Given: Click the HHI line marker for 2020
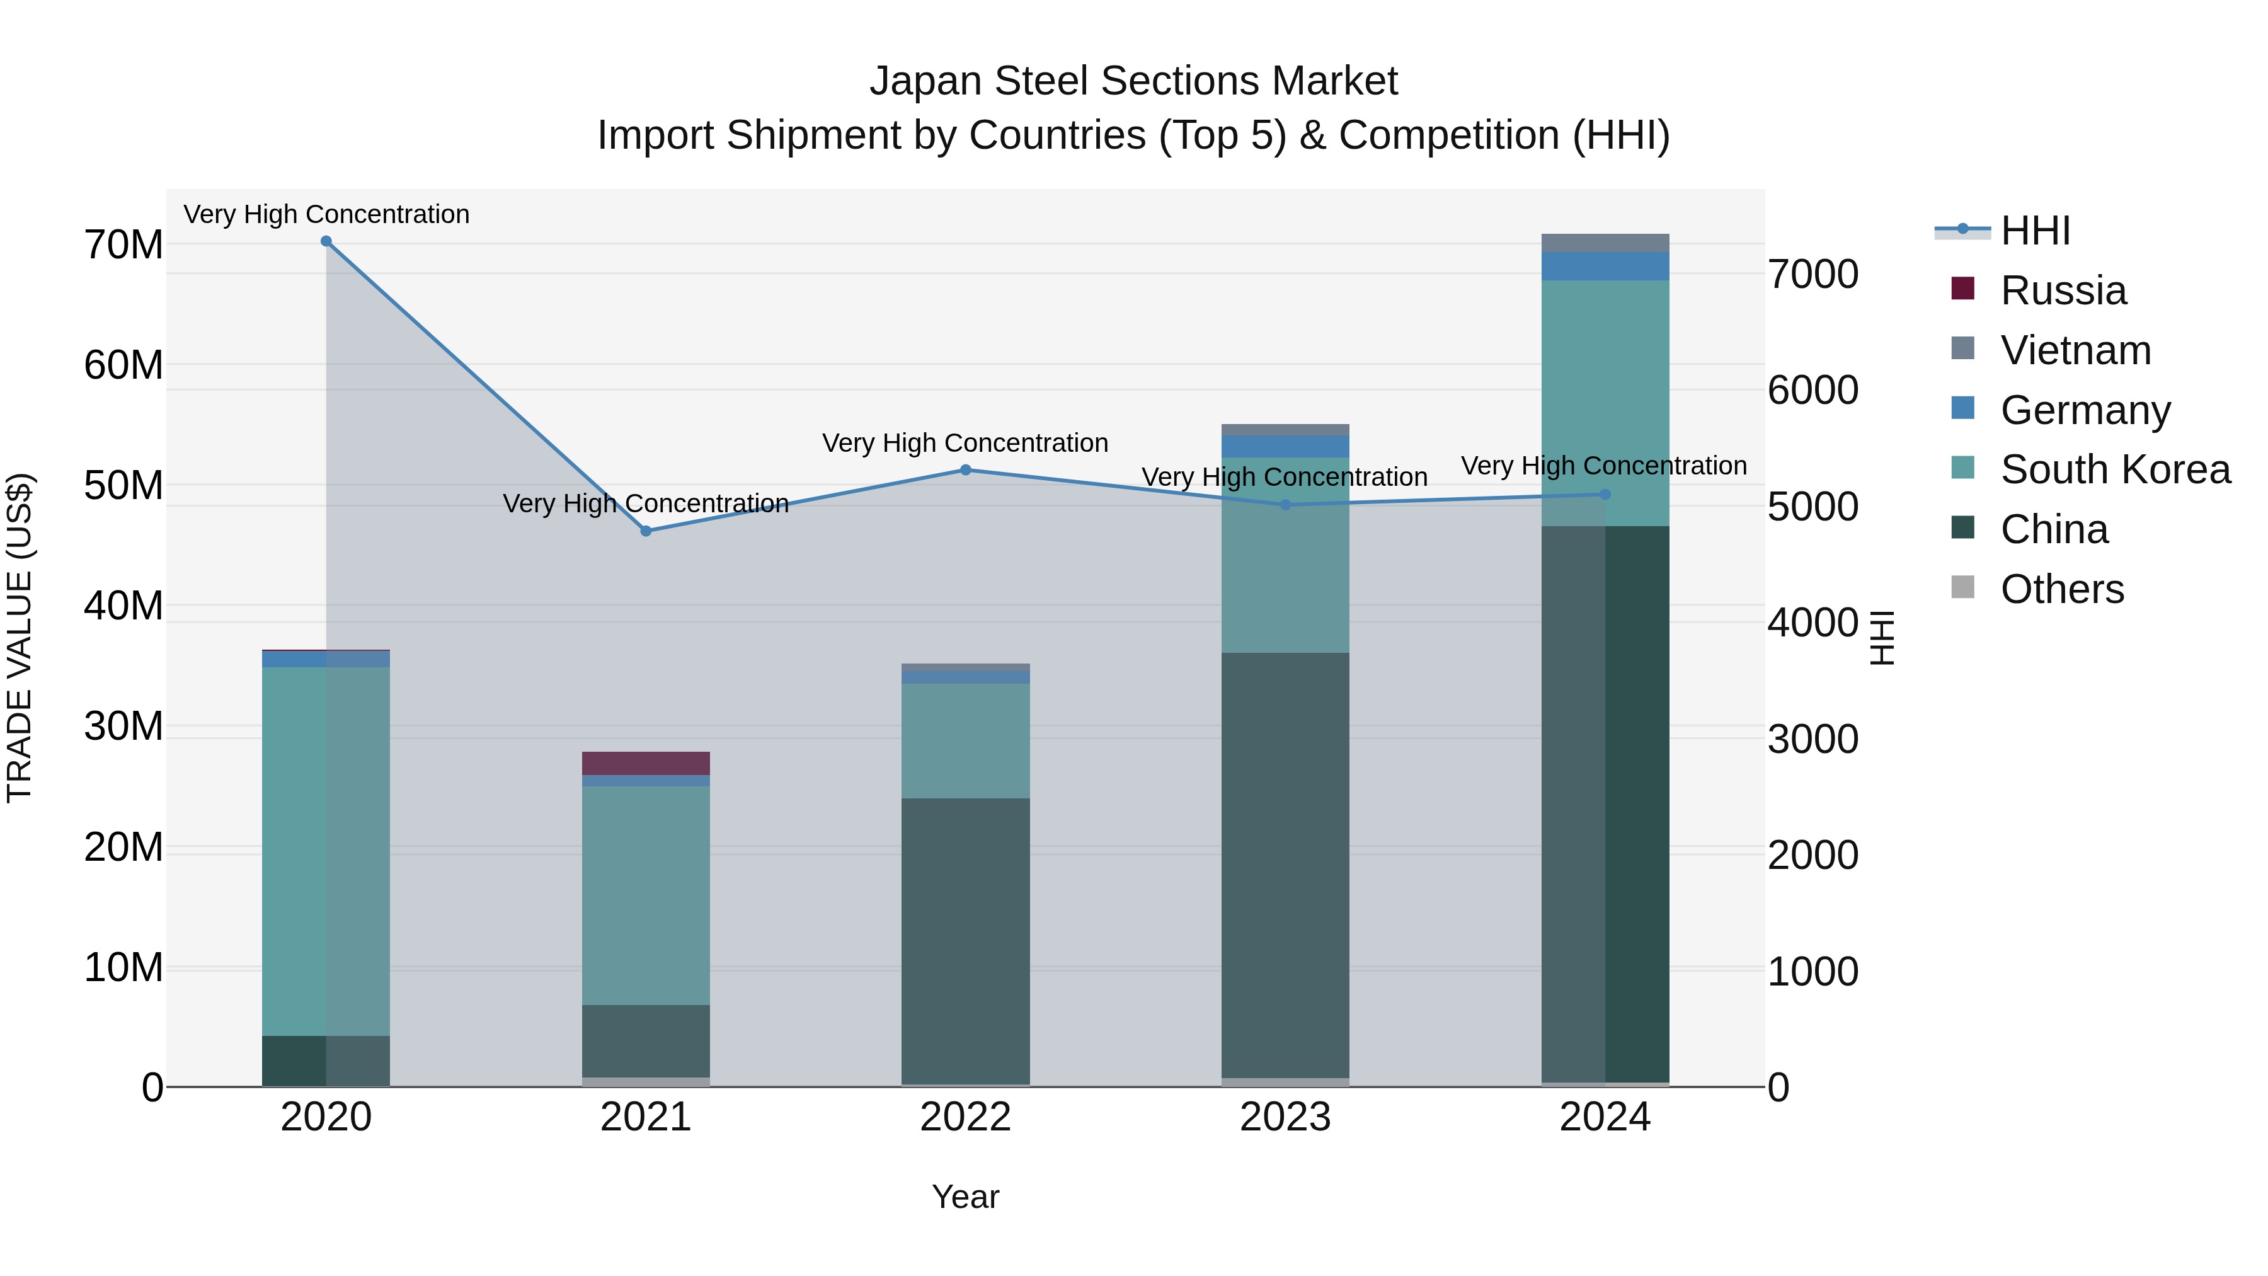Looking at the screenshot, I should coord(326,241).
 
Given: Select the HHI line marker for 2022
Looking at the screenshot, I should coord(965,470).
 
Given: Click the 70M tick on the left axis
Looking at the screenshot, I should coord(123,245).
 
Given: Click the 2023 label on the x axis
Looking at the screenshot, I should coord(1285,1117).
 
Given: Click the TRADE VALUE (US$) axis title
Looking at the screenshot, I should coord(20,638).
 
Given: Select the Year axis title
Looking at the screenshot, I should coord(965,1197).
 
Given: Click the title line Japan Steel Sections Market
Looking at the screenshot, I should coord(1133,81).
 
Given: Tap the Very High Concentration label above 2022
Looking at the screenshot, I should coord(965,443).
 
